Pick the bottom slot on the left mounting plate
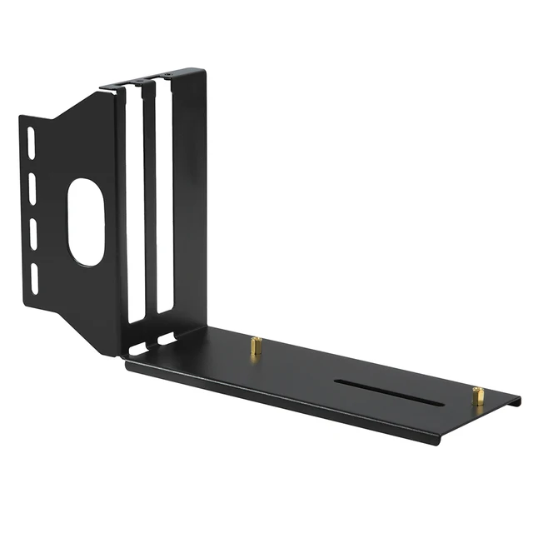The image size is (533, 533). (35, 279)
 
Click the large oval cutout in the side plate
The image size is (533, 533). (86, 222)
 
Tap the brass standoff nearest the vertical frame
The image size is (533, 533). (257, 346)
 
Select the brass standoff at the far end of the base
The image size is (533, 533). (478, 396)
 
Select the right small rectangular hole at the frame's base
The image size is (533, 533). (167, 339)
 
